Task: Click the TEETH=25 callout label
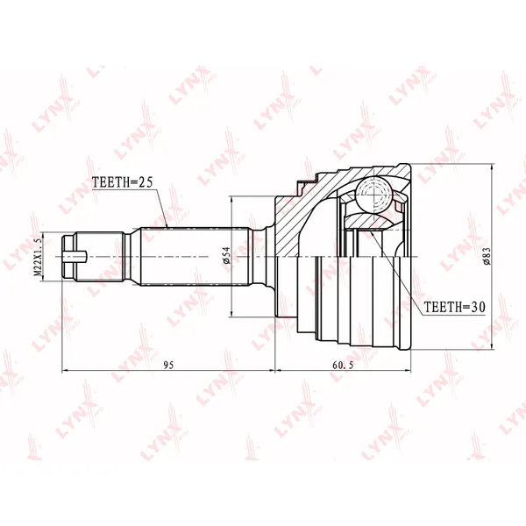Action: [123, 181]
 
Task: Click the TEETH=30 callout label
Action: [454, 307]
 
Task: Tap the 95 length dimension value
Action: [168, 365]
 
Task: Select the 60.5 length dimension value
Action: [343, 365]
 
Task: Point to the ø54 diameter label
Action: [227, 255]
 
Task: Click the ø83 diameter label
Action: [487, 256]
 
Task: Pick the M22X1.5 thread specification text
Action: [38, 256]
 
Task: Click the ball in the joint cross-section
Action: [374, 193]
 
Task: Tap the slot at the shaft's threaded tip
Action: [75, 257]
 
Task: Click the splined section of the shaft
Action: [195, 257]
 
